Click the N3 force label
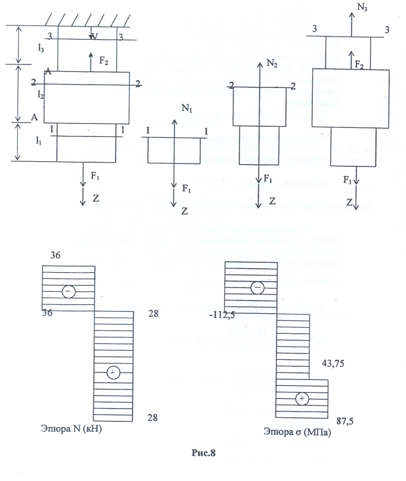point(362,8)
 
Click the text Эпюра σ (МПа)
point(298,432)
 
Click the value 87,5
point(345,421)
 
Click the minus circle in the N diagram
point(69,291)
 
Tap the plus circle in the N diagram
point(113,373)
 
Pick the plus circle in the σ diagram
point(302,398)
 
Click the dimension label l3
point(41,48)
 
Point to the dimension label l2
point(41,95)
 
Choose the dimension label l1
point(39,141)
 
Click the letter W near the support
point(94,36)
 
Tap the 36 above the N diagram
point(55,255)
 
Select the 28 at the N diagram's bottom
point(152,417)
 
